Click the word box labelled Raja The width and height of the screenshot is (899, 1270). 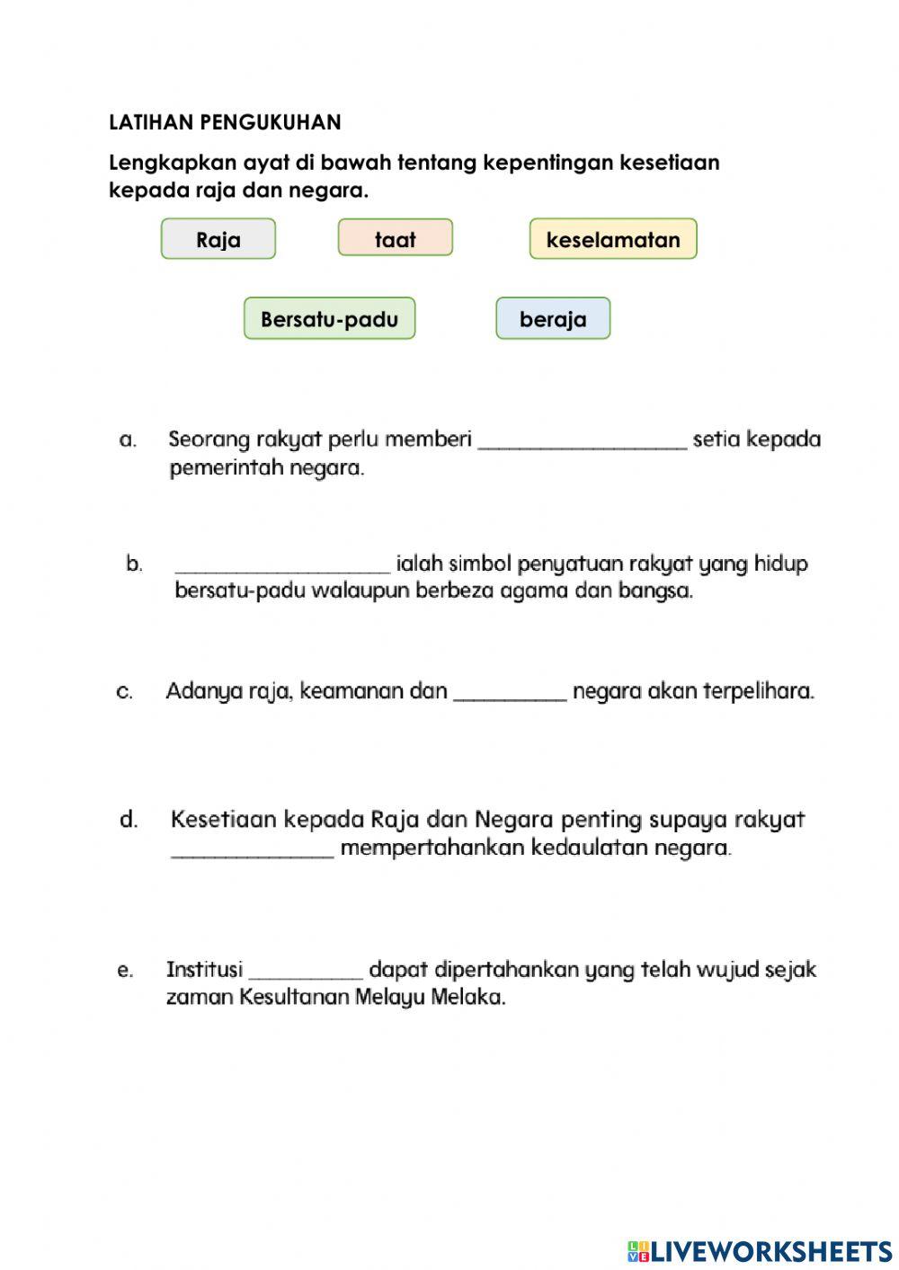point(218,239)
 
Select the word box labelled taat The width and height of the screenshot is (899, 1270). point(396,238)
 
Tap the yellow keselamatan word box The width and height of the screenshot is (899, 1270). point(613,239)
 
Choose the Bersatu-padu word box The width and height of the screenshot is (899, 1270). point(329,318)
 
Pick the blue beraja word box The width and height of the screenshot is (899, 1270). point(553,318)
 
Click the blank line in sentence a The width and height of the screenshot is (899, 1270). point(583,443)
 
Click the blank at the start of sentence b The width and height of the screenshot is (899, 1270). point(283,567)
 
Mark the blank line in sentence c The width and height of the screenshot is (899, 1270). point(511,695)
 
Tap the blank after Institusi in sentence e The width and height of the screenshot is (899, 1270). point(306,973)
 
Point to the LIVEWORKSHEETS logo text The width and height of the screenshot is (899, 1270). point(770,1250)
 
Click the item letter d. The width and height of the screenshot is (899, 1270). point(129,819)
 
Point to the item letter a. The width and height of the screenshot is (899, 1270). point(128,440)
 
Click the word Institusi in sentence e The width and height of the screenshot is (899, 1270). point(204,970)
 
